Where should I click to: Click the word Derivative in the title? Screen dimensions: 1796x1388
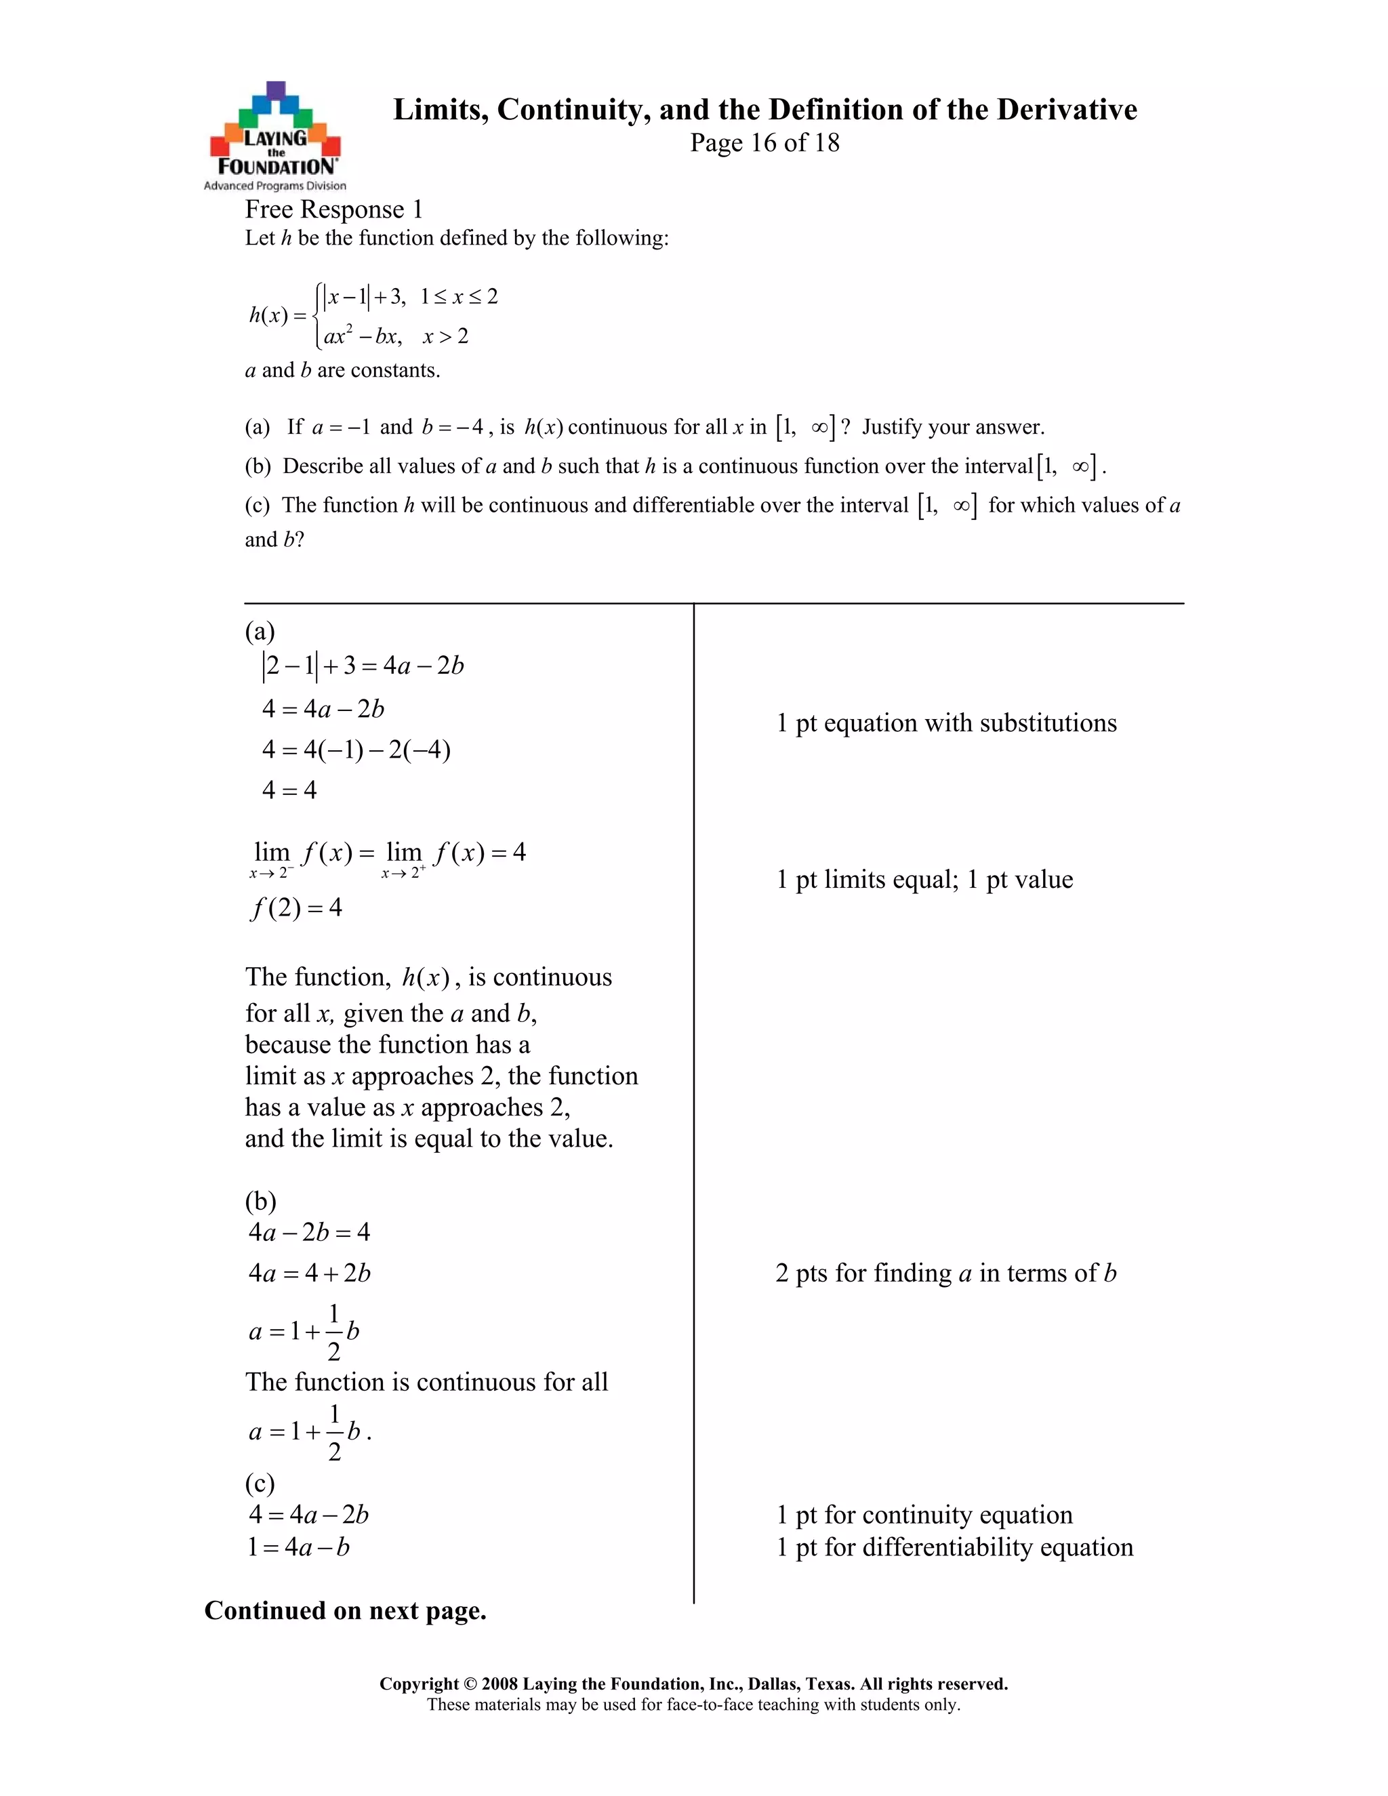click(x=1067, y=109)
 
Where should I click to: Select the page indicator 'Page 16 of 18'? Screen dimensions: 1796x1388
click(x=764, y=143)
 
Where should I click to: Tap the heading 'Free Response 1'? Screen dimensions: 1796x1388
click(x=334, y=209)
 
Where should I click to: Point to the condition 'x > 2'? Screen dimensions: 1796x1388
click(x=446, y=336)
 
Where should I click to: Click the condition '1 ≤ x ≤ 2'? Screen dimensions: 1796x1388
click(x=459, y=297)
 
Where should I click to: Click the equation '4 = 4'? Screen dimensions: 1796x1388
click(x=289, y=790)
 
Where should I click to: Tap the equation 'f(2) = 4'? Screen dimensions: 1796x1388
click(x=296, y=908)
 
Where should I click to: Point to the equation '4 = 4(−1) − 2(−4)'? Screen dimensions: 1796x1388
click(x=356, y=750)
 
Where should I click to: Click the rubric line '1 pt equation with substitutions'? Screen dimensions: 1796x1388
click(x=946, y=723)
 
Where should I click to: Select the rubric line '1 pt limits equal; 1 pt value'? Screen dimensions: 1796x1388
click(x=924, y=880)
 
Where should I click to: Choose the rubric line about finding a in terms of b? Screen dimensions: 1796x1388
click(x=945, y=1273)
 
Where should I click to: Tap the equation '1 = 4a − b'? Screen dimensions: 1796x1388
click(x=298, y=1548)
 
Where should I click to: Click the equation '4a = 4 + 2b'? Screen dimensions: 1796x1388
click(x=310, y=1273)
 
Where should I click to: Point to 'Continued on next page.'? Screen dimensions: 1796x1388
click(x=346, y=1610)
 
